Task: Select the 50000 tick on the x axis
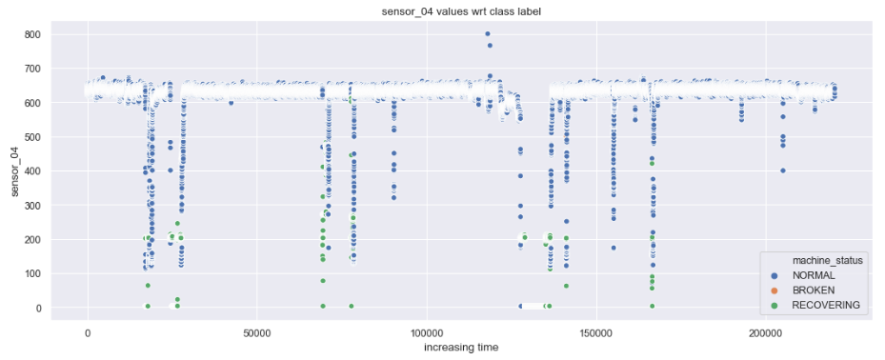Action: click(x=257, y=332)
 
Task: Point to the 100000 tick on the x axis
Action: click(x=427, y=332)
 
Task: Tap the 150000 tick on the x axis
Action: click(x=596, y=332)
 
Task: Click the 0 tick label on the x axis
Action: click(x=88, y=332)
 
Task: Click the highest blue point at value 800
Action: click(x=487, y=34)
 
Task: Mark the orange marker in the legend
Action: click(x=784, y=290)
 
